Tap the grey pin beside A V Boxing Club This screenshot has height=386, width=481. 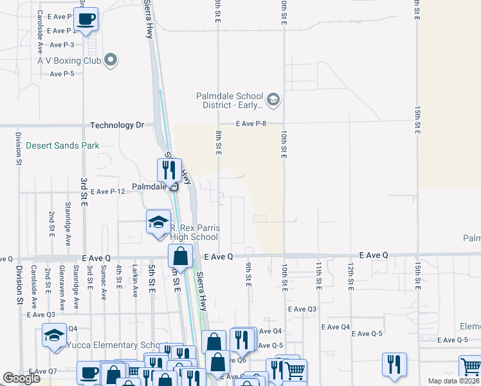click(111, 60)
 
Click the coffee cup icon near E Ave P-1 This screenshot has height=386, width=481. click(86, 19)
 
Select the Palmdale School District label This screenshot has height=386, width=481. click(230, 101)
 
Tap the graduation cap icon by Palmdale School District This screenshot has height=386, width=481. click(273, 99)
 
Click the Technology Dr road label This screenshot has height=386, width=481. click(122, 125)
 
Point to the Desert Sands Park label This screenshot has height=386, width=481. click(62, 145)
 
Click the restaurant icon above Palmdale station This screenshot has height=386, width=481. click(168, 170)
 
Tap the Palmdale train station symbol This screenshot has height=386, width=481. click(174, 187)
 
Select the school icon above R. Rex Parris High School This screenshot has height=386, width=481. click(158, 222)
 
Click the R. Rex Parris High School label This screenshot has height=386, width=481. click(194, 232)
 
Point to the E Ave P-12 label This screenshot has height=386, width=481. click(107, 192)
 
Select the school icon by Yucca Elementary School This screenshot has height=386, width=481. click(54, 335)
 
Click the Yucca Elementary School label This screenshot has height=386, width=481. click(117, 345)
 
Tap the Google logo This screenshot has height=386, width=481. click(21, 378)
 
